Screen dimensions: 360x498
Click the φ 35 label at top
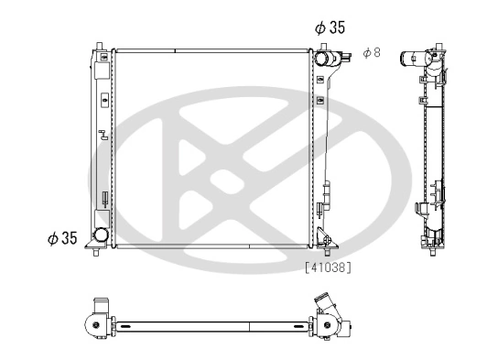(330, 27)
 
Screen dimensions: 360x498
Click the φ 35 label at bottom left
(62, 239)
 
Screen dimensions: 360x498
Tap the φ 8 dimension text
(371, 53)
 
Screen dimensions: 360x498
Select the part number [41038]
(328, 267)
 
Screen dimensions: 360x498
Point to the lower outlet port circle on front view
(98, 237)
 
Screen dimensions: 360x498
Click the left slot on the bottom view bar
(116, 324)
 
